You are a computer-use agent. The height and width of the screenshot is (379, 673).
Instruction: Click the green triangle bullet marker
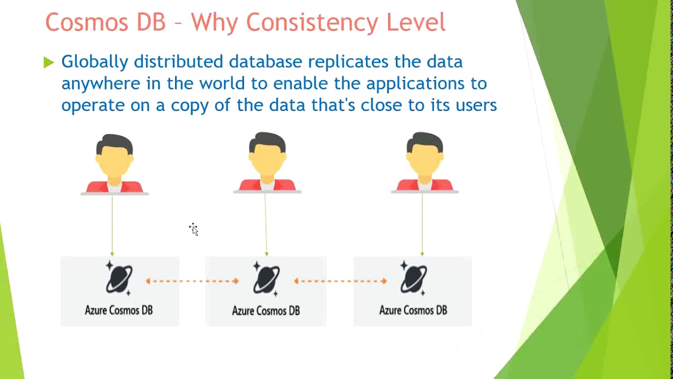tap(49, 63)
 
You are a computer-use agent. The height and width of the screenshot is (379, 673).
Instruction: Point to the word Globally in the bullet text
tap(95, 62)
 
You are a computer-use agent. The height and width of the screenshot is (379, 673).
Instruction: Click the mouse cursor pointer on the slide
tap(193, 229)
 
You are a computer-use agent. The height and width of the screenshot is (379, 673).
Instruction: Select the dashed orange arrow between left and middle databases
tap(192, 281)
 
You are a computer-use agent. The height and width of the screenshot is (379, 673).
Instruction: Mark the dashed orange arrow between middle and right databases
tap(341, 281)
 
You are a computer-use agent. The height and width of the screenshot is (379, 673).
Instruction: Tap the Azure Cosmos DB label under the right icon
tap(413, 310)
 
